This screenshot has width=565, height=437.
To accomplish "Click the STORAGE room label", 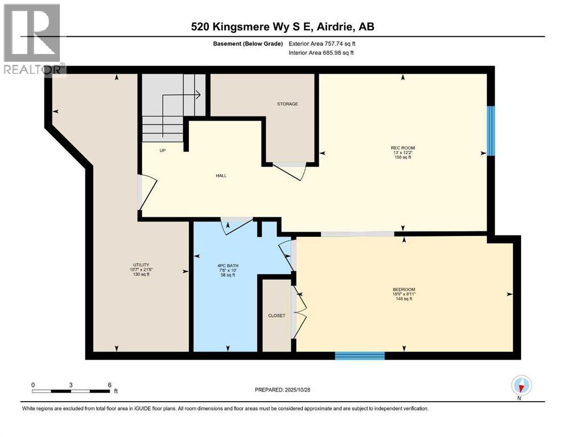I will tap(287, 104).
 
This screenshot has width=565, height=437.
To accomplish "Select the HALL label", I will tap(221, 176).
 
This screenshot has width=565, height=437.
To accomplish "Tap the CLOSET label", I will tap(276, 315).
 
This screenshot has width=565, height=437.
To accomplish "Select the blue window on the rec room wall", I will tap(491, 130).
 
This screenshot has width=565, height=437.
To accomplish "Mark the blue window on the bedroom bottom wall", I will tap(360, 356).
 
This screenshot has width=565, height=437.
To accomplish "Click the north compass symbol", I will tap(521, 386).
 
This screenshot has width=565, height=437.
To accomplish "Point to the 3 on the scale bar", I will tap(71, 385).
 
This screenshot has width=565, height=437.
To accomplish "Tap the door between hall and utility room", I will tap(145, 193).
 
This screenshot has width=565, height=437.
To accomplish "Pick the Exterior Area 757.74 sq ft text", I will tap(325, 43).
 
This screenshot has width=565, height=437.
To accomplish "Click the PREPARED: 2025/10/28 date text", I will tap(282, 390).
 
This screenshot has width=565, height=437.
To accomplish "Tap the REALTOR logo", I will tap(33, 40).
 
